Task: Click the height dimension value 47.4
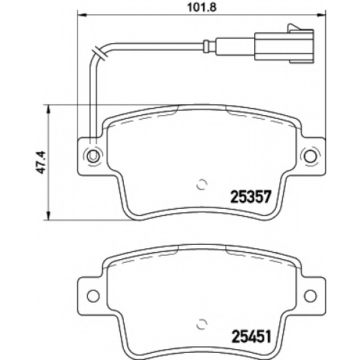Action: coord(40,162)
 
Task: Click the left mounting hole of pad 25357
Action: coord(93,156)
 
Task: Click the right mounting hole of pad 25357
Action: coord(310,156)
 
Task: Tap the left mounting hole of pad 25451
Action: coord(93,296)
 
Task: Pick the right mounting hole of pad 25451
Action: coord(310,296)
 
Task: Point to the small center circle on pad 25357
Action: coord(202,184)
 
